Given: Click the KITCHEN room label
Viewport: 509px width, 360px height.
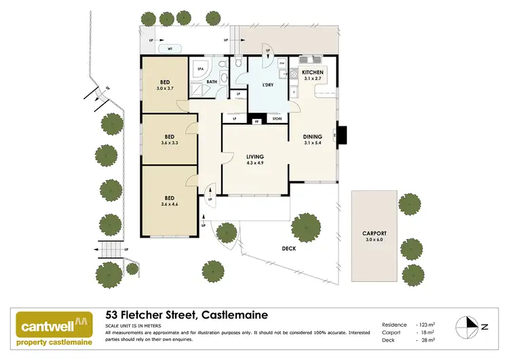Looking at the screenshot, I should (313, 72).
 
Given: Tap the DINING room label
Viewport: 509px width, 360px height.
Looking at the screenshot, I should (313, 137).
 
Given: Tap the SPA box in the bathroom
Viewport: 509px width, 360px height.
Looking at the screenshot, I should (200, 69).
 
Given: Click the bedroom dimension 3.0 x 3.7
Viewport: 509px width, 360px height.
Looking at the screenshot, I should (165, 88).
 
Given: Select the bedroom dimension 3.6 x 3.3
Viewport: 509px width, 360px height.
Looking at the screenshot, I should (165, 143).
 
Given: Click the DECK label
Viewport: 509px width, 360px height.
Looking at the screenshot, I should (289, 249).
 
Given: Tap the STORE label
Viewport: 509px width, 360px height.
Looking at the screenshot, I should (277, 120).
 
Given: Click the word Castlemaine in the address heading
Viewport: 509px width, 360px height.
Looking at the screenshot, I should (233, 314).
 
